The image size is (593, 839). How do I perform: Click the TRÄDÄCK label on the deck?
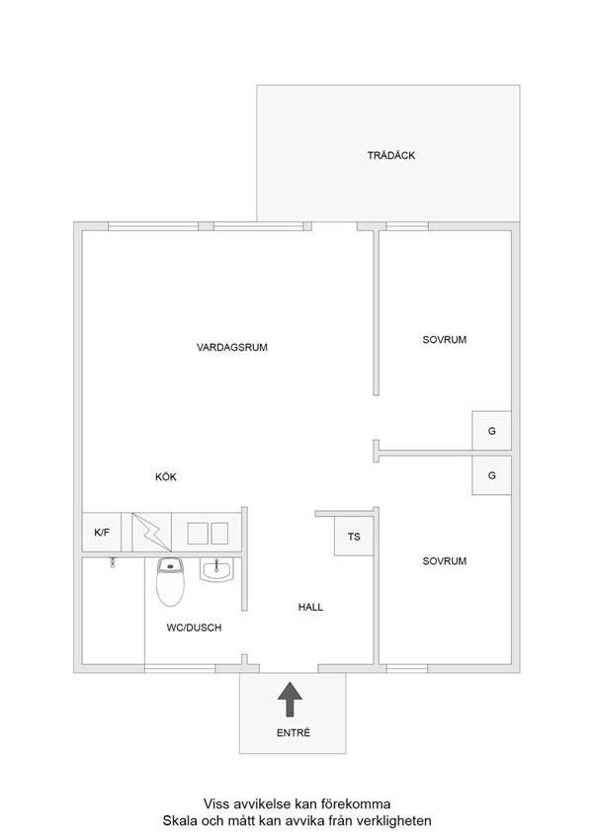pos(391,155)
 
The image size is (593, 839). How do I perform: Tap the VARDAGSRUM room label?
pos(231,347)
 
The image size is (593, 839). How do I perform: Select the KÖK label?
pos(166,476)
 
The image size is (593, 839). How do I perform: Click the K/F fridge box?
pos(102,533)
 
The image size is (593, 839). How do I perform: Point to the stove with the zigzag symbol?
pos(151,533)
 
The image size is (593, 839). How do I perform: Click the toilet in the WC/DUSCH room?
pos(171,582)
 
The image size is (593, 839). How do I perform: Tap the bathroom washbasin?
pos(216,569)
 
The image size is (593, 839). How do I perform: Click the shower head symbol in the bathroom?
pos(113,562)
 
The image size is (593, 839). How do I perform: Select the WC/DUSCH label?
pos(194,628)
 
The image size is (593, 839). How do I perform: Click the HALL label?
pos(310,607)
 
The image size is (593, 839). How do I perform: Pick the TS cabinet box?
pos(354,537)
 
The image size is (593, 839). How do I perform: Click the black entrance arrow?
pos(290,700)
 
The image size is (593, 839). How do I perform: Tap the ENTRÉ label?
pos(294,733)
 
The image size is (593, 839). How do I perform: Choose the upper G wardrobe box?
pos(491,431)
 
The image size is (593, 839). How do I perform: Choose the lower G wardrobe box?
pos(491,475)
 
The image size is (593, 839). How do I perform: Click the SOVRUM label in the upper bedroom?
pos(444,340)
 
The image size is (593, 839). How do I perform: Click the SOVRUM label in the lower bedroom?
pos(444,561)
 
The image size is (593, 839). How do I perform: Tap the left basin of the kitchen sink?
pos(197,534)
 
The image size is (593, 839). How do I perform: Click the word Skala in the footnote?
pos(177,821)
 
